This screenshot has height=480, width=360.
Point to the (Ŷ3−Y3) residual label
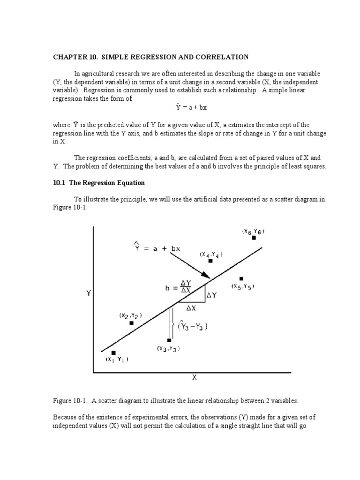(x=193, y=326)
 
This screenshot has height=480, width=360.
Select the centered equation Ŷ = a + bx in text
(x=191, y=107)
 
